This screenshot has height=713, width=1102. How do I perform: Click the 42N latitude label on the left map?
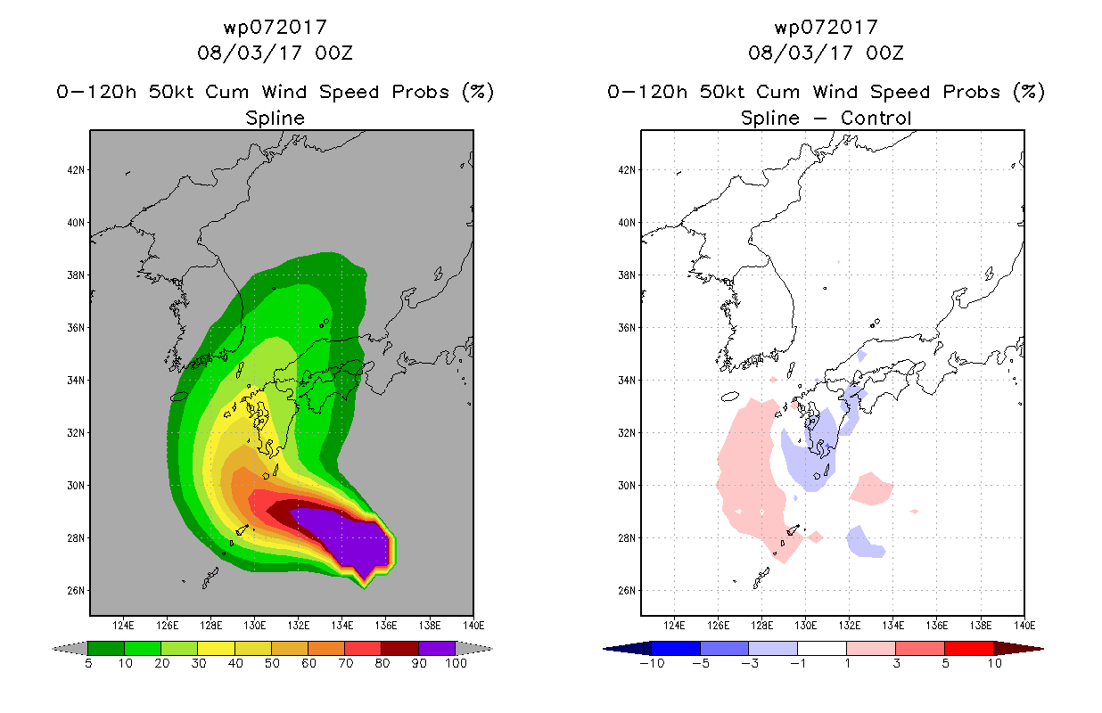click(76, 170)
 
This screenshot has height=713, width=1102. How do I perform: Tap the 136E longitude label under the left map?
click(386, 626)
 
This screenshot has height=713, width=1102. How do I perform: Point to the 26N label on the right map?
click(627, 591)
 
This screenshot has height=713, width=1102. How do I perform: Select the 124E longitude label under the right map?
click(674, 626)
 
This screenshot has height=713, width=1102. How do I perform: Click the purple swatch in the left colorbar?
click(437, 648)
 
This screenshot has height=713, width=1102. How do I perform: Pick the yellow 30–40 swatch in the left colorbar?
click(216, 648)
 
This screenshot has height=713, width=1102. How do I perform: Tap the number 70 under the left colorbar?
click(345, 664)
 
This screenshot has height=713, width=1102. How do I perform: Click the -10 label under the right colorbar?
click(652, 664)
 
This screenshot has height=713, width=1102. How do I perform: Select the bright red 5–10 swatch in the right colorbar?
click(969, 648)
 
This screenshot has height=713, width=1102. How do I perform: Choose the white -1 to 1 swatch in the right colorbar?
click(821, 648)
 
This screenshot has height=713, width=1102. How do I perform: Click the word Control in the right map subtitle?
click(876, 118)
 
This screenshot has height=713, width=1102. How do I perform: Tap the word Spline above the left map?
click(275, 119)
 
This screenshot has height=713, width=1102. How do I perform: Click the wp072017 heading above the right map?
click(826, 28)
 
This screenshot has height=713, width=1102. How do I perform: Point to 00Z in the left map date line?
click(333, 53)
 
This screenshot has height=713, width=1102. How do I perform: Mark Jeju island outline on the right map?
click(730, 397)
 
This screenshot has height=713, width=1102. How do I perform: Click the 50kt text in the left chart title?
click(170, 92)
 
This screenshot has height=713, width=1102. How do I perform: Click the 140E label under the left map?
click(473, 626)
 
